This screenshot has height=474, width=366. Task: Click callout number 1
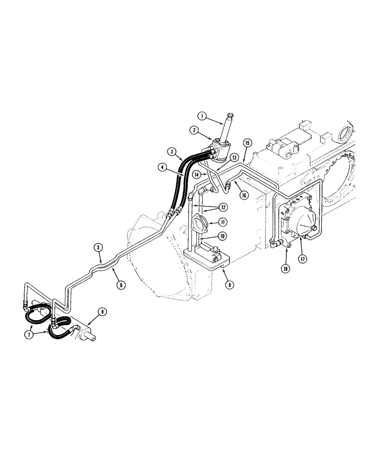[201, 115]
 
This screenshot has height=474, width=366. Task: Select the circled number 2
[194, 129]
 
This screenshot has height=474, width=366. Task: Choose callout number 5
[98, 247]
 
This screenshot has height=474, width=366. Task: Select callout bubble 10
[222, 236]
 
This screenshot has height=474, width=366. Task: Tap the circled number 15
[247, 143]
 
